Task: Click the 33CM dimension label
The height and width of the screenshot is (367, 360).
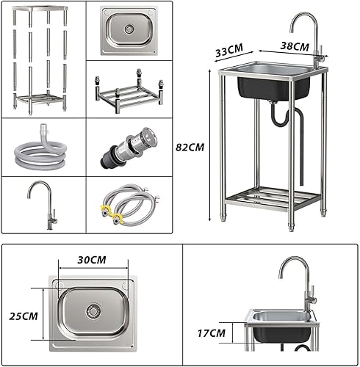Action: point(228,52)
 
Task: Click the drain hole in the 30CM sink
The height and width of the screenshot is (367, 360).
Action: point(93,310)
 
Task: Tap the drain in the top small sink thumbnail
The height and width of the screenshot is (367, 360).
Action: point(129,30)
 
